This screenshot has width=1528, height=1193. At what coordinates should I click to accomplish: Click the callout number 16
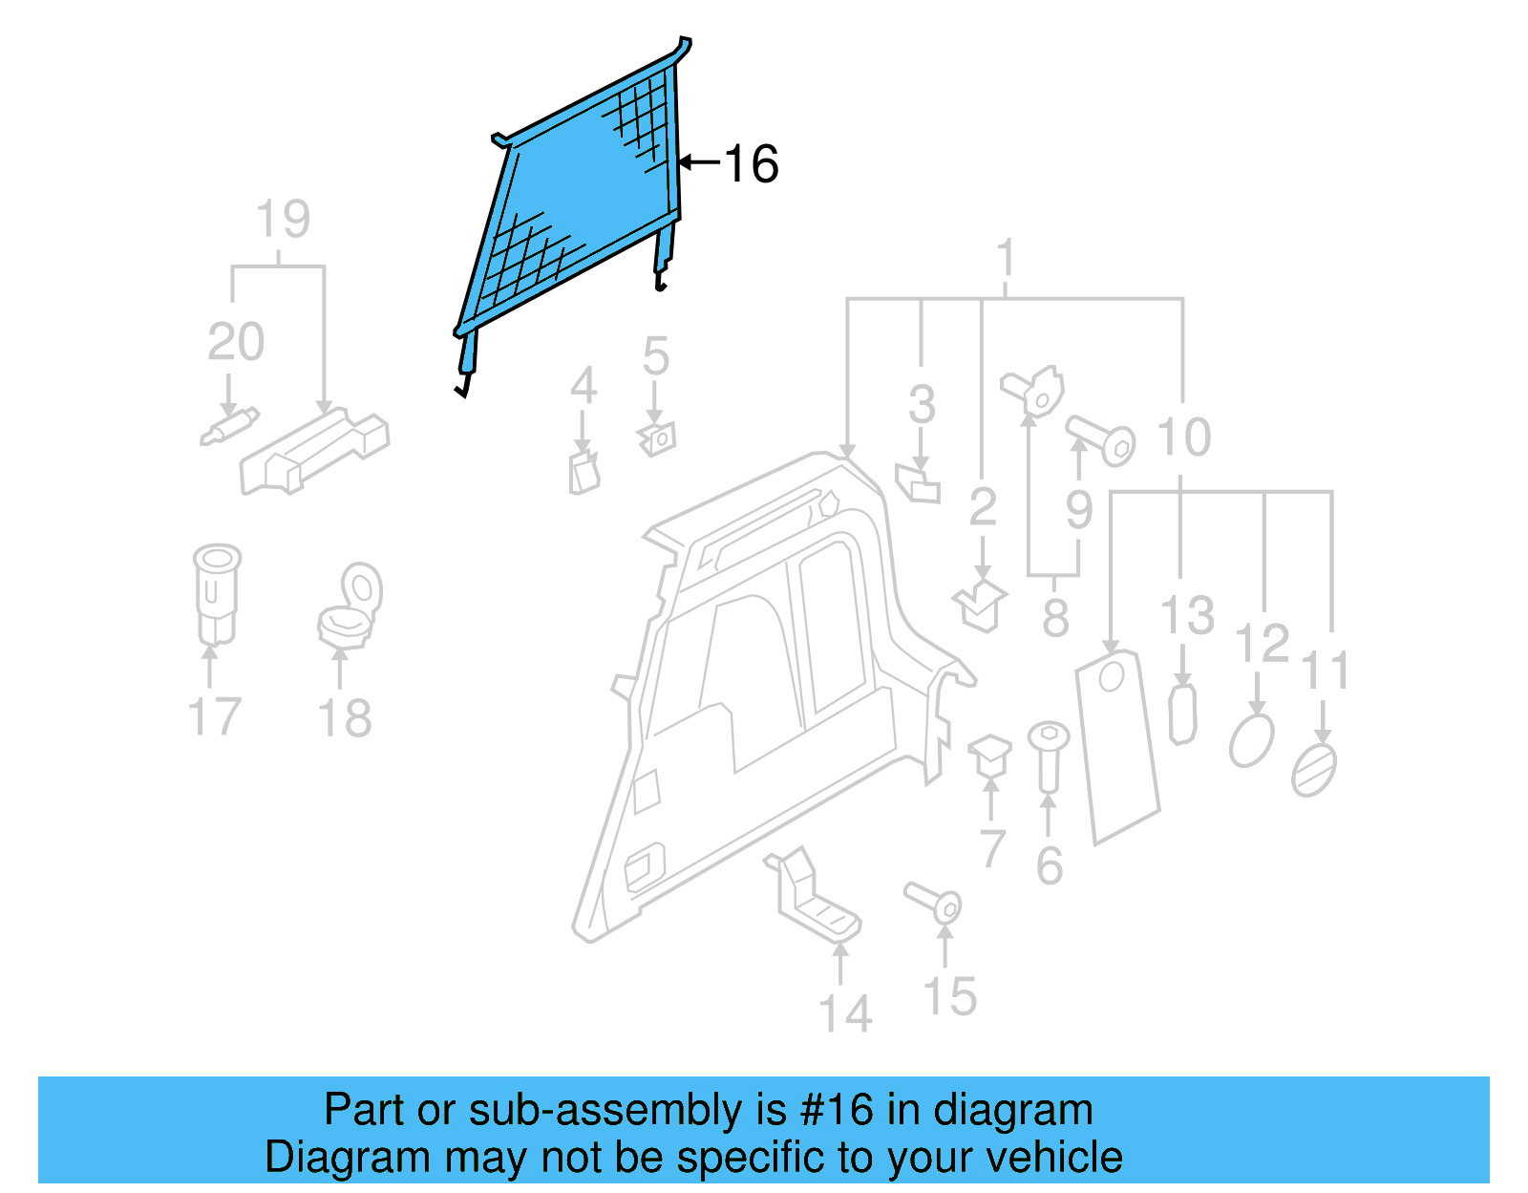pos(752,164)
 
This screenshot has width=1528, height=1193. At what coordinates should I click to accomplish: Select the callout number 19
pos(283,220)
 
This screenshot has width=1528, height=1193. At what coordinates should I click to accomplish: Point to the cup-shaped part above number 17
pos(216,592)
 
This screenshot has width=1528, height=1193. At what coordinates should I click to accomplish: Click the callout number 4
pos(584,387)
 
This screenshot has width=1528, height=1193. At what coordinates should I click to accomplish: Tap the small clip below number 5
pos(657,439)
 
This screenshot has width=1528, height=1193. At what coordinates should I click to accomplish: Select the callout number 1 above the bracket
pos(1005,259)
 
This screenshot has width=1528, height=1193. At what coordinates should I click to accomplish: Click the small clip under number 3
pos(918,481)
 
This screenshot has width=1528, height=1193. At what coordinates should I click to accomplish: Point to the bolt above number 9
pos(1100,440)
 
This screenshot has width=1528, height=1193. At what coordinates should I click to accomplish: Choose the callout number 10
pos(1184,437)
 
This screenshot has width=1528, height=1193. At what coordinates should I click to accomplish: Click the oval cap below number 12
pos(1251,740)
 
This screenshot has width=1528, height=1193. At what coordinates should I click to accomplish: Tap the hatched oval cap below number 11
pos(1314,770)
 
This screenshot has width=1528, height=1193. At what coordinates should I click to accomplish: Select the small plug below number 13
pos(1182,713)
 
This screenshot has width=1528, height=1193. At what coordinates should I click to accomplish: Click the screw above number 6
pos(1048,755)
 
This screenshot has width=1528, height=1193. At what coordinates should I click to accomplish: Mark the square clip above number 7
pos(990,755)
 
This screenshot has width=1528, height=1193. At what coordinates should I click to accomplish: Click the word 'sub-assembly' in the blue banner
pos(649,1110)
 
